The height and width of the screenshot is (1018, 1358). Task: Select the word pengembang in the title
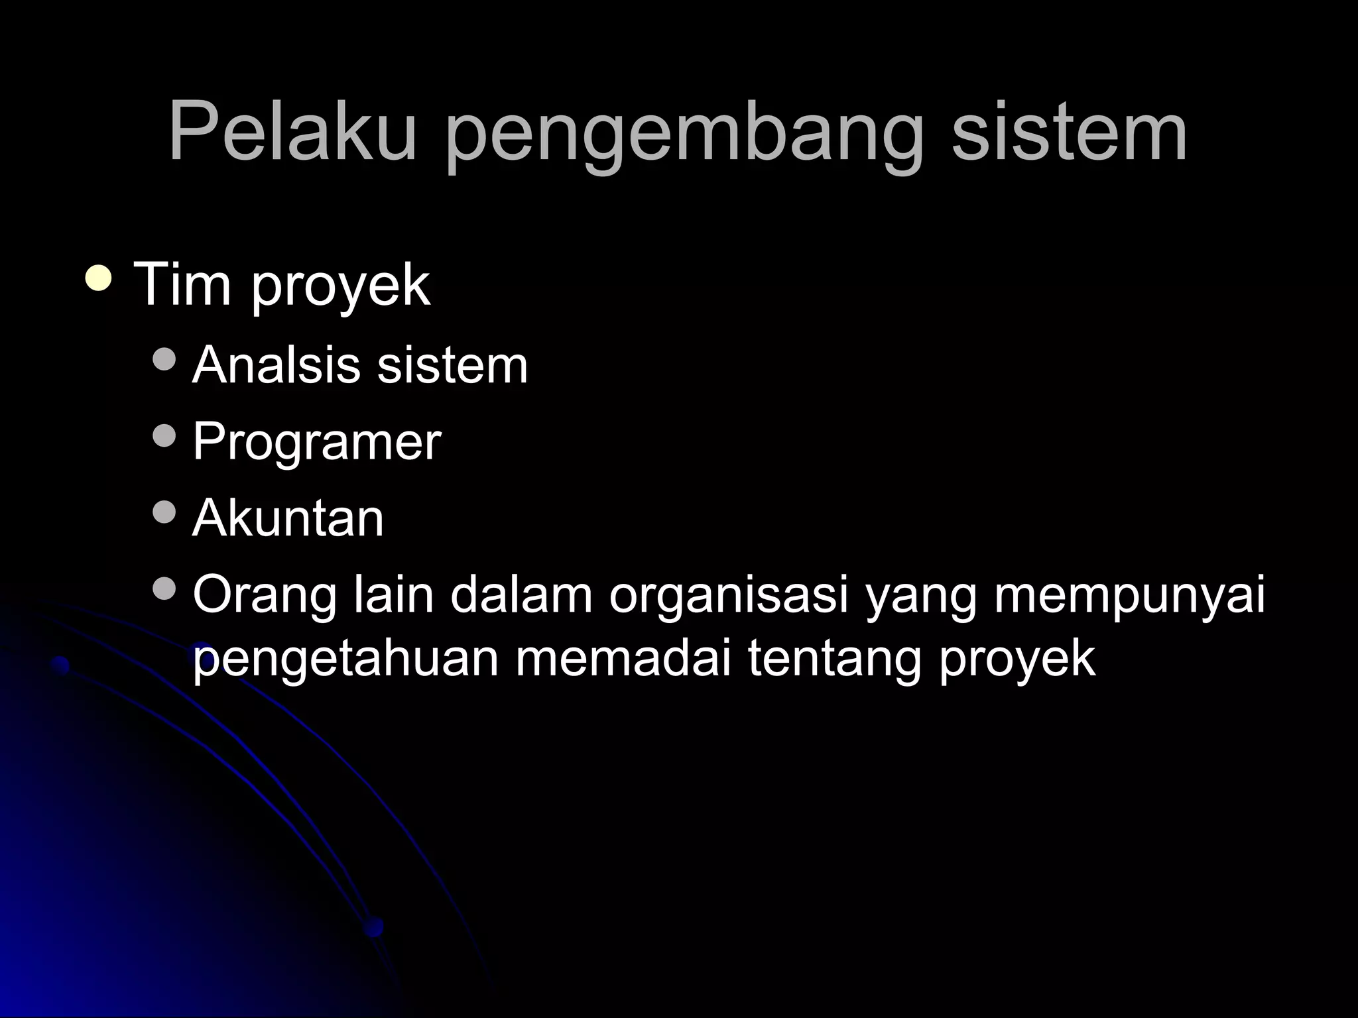click(684, 136)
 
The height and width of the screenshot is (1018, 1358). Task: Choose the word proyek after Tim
click(340, 288)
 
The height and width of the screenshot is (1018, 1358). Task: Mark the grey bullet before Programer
click(164, 435)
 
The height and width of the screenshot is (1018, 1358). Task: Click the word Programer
click(316, 443)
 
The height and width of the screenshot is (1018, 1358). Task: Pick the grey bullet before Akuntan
click(164, 511)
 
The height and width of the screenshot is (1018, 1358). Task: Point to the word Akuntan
click(288, 518)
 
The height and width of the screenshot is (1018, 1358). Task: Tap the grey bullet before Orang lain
click(164, 587)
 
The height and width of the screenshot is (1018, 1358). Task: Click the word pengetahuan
click(345, 659)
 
